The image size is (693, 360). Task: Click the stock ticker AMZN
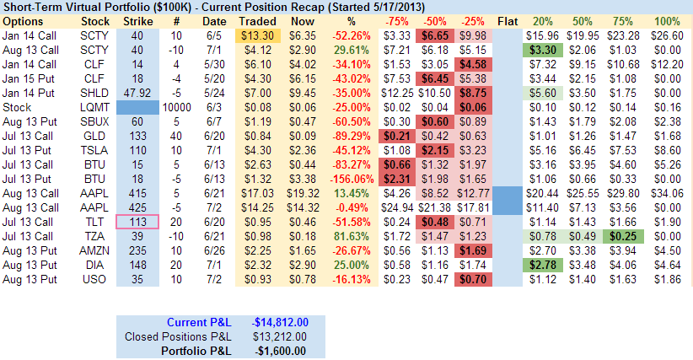point(93,250)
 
